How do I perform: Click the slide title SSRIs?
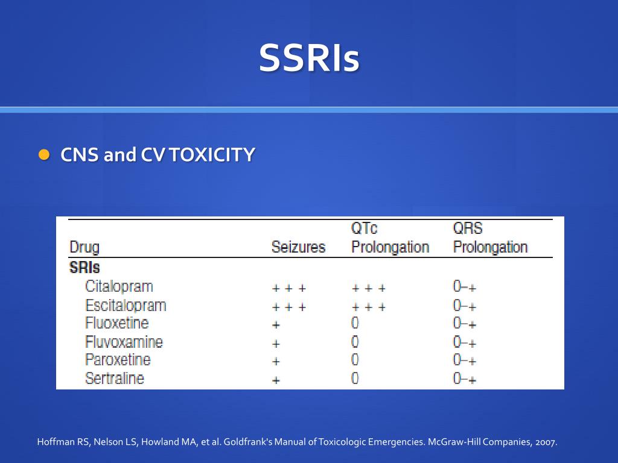[x=309, y=58]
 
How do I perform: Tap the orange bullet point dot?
[x=43, y=154]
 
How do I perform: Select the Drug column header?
[x=84, y=247]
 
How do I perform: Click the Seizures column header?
[x=298, y=247]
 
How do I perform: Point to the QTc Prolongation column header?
[x=390, y=238]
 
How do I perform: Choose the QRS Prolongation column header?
[x=490, y=238]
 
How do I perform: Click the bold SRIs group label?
[x=84, y=267]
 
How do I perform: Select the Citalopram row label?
[x=119, y=286]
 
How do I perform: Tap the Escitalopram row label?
[x=126, y=306]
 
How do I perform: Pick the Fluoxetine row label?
[x=116, y=323]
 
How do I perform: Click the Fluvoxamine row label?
[x=124, y=342]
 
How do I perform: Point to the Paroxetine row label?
[x=118, y=360]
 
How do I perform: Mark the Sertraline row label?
[x=115, y=379]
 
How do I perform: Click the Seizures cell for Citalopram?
[x=289, y=288]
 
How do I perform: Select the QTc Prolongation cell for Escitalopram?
[x=369, y=307]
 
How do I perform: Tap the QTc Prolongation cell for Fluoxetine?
[x=355, y=324]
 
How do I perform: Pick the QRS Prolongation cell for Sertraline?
[x=464, y=379]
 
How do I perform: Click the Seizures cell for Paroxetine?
[x=276, y=362]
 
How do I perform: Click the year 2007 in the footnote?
[x=546, y=442]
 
